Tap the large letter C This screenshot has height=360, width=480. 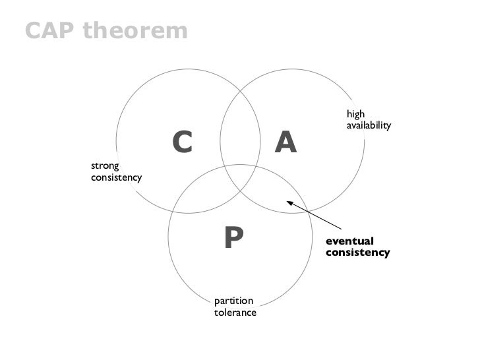click(x=182, y=142)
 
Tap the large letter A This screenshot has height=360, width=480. click(x=285, y=141)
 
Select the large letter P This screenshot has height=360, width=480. click(x=233, y=238)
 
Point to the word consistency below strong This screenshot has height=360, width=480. click(x=116, y=179)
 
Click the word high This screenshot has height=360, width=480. click(x=355, y=113)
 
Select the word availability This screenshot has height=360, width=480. click(x=369, y=125)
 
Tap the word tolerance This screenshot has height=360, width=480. click(x=235, y=313)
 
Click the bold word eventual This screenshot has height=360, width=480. click(x=349, y=241)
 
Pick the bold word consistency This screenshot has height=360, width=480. click(x=357, y=253)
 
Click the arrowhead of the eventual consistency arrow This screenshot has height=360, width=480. click(x=289, y=204)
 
